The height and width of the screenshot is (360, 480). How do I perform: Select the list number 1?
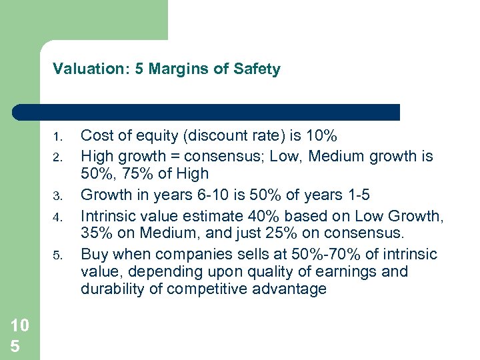[57, 138]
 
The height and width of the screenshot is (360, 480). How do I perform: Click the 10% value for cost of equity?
[322, 137]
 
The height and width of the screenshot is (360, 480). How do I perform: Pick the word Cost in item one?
[95, 137]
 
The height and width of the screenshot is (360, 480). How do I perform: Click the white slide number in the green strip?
[19, 336]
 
